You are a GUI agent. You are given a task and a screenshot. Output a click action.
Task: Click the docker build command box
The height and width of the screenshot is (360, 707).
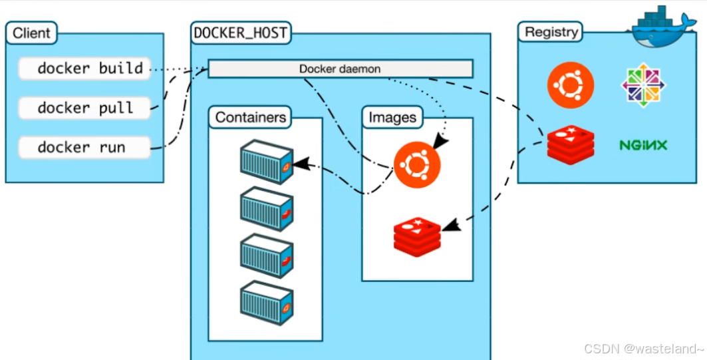(84, 68)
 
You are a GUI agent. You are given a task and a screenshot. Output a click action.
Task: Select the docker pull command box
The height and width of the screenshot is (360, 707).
(84, 108)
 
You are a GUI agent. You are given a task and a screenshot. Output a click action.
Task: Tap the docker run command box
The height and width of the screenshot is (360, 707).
(84, 147)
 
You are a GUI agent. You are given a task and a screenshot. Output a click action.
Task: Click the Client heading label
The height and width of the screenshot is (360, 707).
(31, 32)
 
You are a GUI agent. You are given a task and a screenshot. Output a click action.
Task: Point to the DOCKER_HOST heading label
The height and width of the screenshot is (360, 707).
(241, 32)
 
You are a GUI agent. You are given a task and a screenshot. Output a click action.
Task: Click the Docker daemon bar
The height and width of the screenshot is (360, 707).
(340, 69)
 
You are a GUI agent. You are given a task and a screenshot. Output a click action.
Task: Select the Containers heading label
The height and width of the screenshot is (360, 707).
(251, 118)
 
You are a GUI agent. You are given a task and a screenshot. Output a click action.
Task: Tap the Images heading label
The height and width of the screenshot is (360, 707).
(392, 118)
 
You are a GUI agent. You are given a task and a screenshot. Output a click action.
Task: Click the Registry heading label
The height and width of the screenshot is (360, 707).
(551, 31)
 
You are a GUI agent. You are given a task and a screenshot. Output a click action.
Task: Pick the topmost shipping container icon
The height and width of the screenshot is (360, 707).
(266, 162)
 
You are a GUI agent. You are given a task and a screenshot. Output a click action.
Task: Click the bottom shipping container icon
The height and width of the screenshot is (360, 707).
(266, 303)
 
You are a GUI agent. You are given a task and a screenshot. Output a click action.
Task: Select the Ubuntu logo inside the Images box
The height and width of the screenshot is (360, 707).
(416, 165)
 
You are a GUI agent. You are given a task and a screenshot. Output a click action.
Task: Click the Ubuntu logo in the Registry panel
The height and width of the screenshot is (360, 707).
(570, 85)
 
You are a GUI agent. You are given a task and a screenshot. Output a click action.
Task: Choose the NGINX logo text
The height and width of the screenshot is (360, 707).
(642, 144)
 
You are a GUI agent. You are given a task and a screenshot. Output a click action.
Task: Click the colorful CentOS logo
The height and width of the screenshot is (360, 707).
(642, 85)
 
